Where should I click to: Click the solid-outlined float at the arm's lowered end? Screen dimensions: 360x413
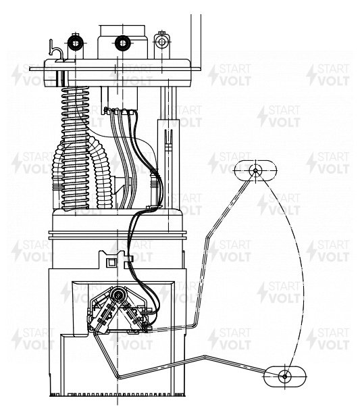pyautogui.click(x=285, y=376)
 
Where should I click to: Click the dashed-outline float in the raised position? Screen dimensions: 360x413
pyautogui.click(x=255, y=170)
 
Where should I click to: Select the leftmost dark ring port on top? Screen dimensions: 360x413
pyautogui.click(x=76, y=43)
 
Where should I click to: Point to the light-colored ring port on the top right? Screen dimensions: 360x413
pyautogui.click(x=162, y=42)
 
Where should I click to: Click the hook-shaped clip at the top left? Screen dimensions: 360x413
pyautogui.click(x=56, y=51)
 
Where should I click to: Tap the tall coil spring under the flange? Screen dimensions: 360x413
pyautogui.click(x=76, y=149)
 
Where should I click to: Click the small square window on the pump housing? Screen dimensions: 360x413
pyautogui.click(x=111, y=262)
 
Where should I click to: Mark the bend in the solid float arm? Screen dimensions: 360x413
pyautogui.click(x=205, y=357)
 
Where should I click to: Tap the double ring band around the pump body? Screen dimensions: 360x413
pyautogui.click(x=118, y=235)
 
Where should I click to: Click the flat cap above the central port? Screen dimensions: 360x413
pyautogui.click(x=122, y=31)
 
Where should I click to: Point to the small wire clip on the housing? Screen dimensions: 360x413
pyautogui.click(x=130, y=258)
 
